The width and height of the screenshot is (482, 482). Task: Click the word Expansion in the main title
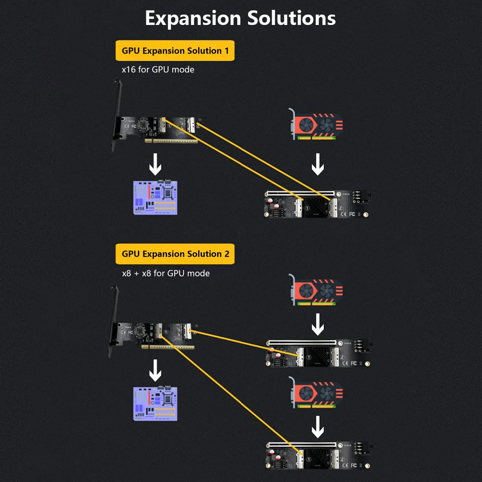tap(193, 19)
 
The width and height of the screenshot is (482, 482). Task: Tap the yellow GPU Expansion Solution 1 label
tap(175, 50)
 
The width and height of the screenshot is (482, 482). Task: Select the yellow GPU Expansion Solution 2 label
tap(175, 254)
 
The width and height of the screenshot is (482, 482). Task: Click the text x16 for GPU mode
tap(158, 70)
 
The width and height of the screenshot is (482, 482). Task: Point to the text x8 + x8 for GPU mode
tap(166, 273)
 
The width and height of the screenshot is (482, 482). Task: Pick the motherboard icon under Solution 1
tap(155, 197)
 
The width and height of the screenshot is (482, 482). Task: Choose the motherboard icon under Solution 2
tap(155, 403)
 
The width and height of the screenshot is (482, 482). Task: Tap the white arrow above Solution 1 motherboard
tap(155, 164)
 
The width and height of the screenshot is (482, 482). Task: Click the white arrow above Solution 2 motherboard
tap(155, 370)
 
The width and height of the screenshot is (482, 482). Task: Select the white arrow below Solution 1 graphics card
tap(318, 164)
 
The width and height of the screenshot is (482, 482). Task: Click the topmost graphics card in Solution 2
tap(316, 290)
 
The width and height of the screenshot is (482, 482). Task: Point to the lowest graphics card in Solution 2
tap(316, 393)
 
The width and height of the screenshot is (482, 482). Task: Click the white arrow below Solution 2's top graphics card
tap(318, 324)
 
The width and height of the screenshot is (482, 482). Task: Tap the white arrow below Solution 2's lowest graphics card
tap(318, 427)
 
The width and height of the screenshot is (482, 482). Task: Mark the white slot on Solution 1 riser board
tap(300, 193)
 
